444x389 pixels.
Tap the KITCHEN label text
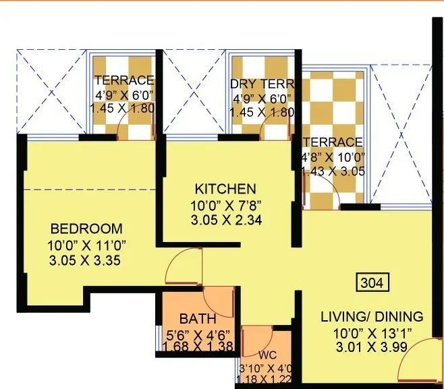225,188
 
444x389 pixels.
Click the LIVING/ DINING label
372,316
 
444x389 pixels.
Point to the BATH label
198,319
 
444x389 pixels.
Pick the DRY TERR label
262,84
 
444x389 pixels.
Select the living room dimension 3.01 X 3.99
372,348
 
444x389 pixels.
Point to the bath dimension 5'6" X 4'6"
198,334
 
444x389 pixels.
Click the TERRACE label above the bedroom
124,80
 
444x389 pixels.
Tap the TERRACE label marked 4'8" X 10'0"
333,142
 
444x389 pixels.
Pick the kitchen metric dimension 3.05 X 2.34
225,219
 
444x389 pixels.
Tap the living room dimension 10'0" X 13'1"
372,332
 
